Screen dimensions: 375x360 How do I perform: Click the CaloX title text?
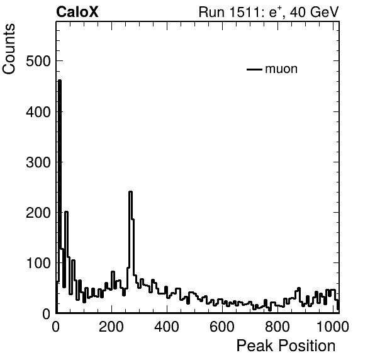pyautogui.click(x=77, y=12)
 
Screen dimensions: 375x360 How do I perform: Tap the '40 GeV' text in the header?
pyautogui.click(x=314, y=12)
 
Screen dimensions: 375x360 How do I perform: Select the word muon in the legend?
pyautogui.click(x=281, y=69)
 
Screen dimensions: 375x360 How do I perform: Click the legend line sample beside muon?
pyautogui.click(x=254, y=69)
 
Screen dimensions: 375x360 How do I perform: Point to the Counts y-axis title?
pyautogui.click(x=9, y=49)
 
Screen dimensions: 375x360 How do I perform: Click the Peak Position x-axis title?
pyautogui.click(x=286, y=346)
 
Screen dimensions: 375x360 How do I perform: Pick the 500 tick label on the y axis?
pyautogui.click(x=38, y=61)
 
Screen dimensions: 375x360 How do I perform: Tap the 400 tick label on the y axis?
pyautogui.click(x=38, y=111)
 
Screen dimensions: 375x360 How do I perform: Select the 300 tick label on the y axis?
pyautogui.click(x=38, y=162)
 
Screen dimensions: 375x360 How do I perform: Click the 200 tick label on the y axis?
pyautogui.click(x=38, y=213)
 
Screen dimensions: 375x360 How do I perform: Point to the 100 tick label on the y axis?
pyautogui.click(x=38, y=263)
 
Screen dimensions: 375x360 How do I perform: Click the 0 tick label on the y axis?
pyautogui.click(x=47, y=313)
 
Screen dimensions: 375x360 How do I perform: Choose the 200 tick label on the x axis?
pyautogui.click(x=111, y=327)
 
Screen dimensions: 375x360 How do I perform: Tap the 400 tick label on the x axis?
pyautogui.click(x=167, y=327)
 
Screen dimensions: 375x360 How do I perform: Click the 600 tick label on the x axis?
pyautogui.click(x=222, y=327)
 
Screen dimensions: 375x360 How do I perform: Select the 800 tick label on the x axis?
pyautogui.click(x=277, y=327)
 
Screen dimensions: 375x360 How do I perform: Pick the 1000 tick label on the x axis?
pyautogui.click(x=333, y=327)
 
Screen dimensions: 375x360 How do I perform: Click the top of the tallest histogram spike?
pyautogui.click(x=60, y=81)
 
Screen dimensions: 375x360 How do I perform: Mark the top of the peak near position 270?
pyautogui.click(x=131, y=191)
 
